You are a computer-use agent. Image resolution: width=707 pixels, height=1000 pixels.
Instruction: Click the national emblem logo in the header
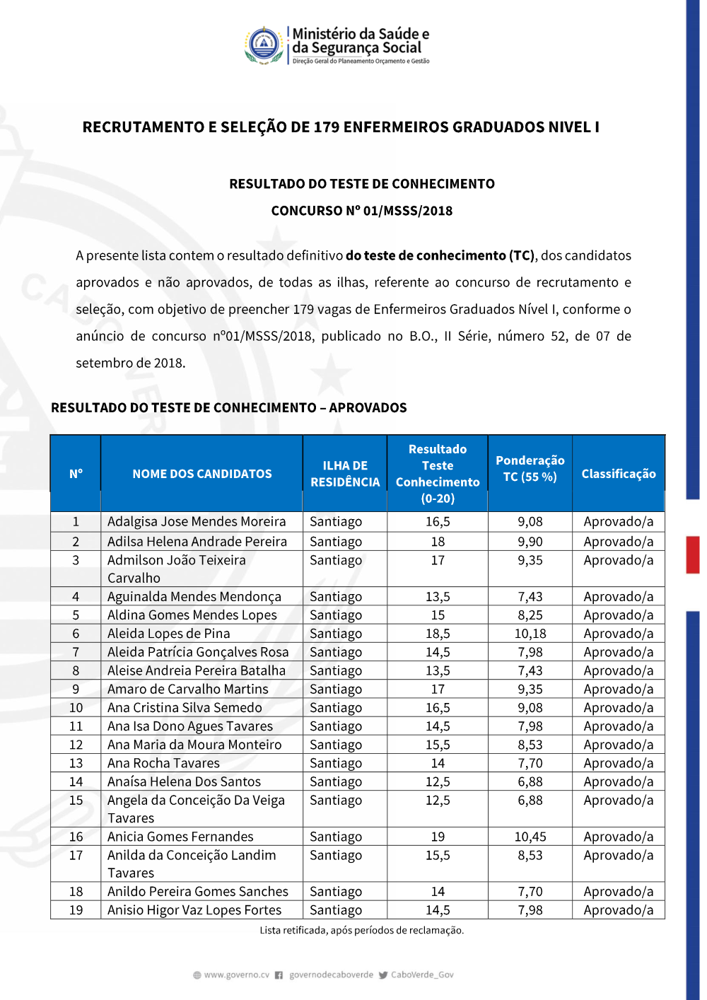pyautogui.click(x=264, y=45)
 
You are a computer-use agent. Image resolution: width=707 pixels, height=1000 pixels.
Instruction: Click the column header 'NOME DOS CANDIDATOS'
pyautogui.click(x=201, y=474)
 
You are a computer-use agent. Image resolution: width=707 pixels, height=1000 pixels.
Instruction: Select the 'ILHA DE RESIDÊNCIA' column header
pyautogui.click(x=345, y=474)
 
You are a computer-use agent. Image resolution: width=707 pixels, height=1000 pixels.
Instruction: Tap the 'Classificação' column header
pyautogui.click(x=619, y=474)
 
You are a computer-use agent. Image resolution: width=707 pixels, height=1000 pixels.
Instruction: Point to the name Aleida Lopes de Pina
pyautogui.click(x=169, y=634)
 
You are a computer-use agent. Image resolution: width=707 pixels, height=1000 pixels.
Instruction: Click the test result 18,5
pyautogui.click(x=438, y=634)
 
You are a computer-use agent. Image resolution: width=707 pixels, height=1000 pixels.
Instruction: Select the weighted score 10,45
pyautogui.click(x=530, y=837)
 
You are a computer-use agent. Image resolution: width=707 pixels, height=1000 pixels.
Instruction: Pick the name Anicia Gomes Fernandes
pyautogui.click(x=180, y=837)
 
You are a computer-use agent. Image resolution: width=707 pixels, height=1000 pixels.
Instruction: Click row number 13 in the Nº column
pyautogui.click(x=76, y=763)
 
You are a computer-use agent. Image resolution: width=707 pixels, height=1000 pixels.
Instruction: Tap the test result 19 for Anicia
pyautogui.click(x=438, y=837)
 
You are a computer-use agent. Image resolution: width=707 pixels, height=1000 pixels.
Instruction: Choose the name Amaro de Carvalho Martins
pyautogui.click(x=188, y=689)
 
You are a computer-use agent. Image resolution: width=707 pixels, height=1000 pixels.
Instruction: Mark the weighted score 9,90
pyautogui.click(x=530, y=542)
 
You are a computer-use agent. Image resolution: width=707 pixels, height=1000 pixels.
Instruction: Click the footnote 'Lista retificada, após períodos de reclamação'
pyautogui.click(x=361, y=930)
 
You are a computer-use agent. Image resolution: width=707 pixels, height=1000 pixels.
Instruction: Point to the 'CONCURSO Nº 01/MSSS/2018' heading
pyautogui.click(x=361, y=211)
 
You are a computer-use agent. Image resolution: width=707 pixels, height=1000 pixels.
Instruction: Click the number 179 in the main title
pyautogui.click(x=327, y=127)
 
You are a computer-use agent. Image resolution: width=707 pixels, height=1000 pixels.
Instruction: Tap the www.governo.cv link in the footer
pyautogui.click(x=236, y=975)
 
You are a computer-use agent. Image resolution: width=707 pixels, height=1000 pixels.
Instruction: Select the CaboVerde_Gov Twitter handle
pyautogui.click(x=422, y=975)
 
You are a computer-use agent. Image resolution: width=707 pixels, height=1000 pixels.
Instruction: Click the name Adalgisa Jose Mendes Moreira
pyautogui.click(x=197, y=522)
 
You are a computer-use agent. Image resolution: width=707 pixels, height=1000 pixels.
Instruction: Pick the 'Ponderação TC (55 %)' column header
pyautogui.click(x=530, y=468)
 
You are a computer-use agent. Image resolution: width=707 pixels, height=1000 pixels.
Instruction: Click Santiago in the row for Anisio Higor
pyautogui.click(x=336, y=910)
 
